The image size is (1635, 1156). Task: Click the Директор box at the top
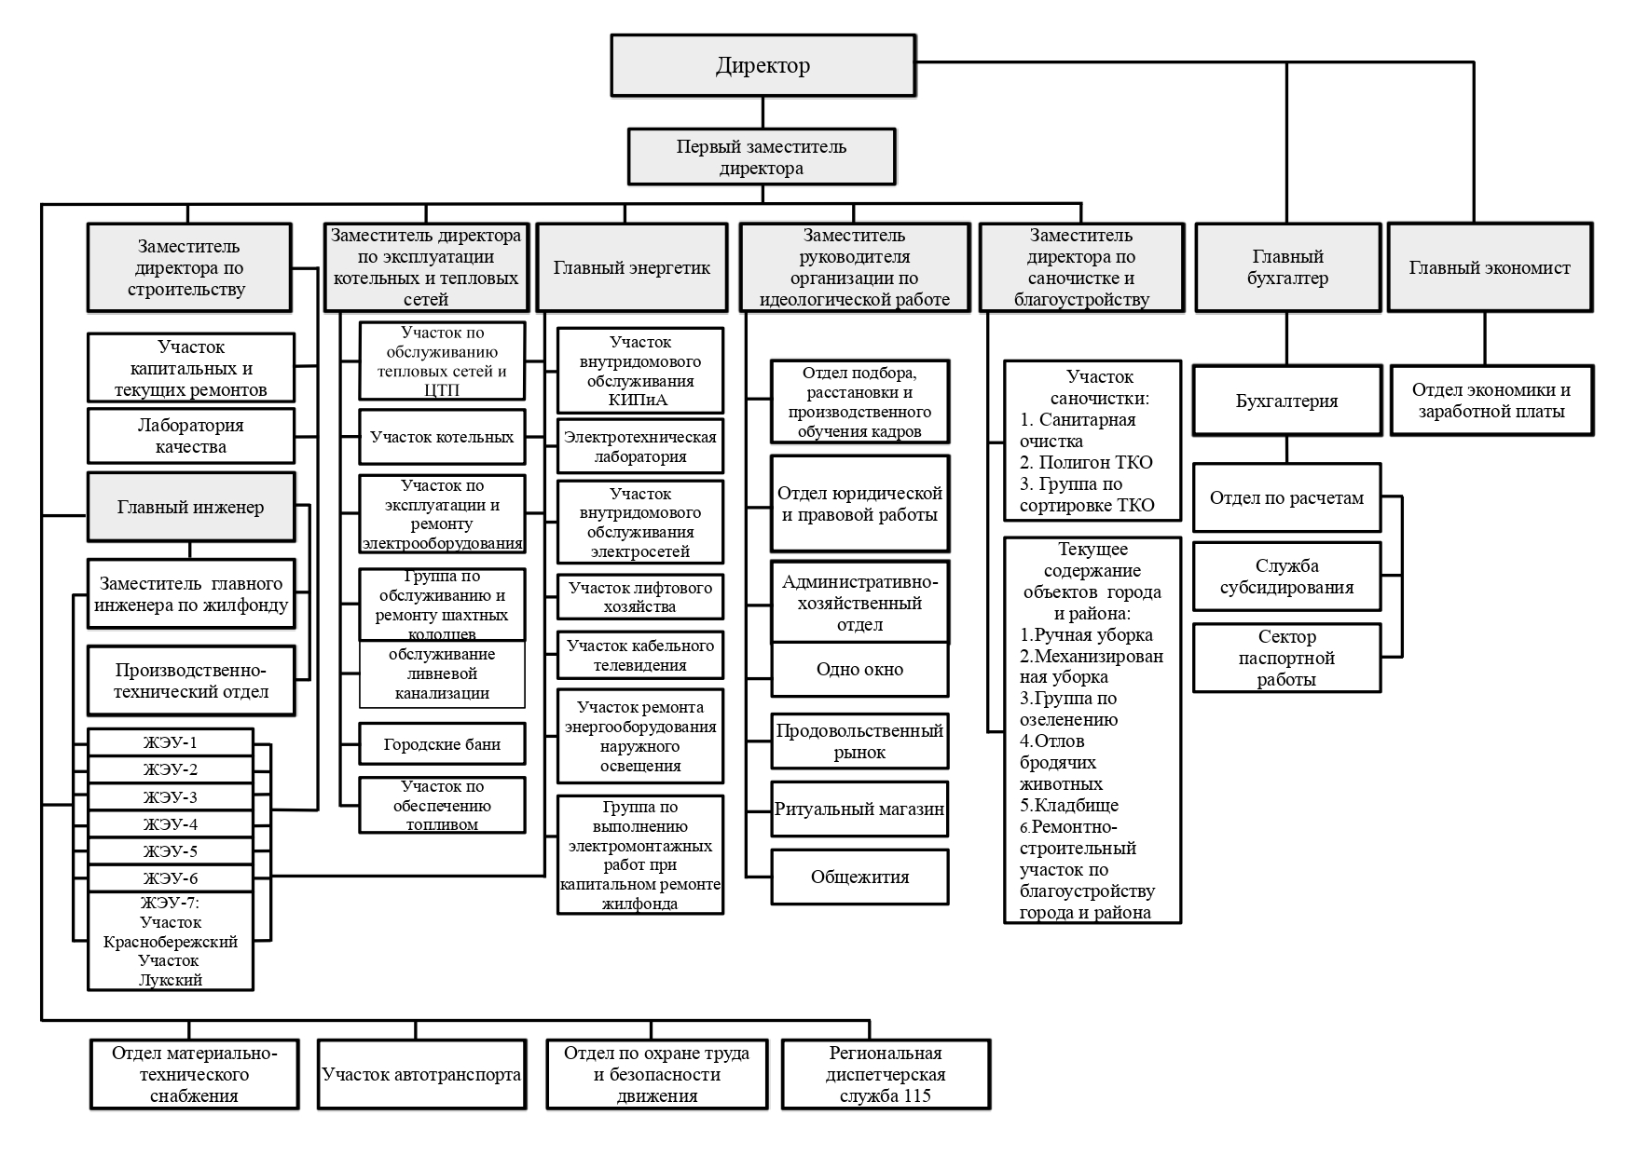click(763, 65)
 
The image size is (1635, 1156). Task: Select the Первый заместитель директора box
click(762, 156)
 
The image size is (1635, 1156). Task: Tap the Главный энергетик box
click(632, 267)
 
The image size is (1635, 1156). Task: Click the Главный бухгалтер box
click(1287, 267)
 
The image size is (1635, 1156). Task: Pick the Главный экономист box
click(1490, 267)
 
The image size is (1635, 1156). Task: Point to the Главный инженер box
click(191, 507)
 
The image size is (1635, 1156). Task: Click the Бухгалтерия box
click(1286, 401)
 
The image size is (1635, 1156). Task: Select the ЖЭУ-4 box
click(171, 824)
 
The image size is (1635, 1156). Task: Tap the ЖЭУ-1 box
click(171, 742)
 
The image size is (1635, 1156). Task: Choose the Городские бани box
click(442, 744)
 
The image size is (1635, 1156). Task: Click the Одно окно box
click(859, 669)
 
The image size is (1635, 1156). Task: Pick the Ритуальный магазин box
click(859, 809)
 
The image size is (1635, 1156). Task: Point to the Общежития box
click(859, 877)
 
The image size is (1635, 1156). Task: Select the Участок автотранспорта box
click(421, 1074)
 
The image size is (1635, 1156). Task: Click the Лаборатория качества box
click(191, 436)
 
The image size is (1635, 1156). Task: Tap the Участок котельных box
click(442, 437)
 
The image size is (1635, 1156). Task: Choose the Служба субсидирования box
click(1286, 577)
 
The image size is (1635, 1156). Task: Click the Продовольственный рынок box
click(859, 741)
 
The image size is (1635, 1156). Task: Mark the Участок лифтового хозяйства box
click(640, 597)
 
